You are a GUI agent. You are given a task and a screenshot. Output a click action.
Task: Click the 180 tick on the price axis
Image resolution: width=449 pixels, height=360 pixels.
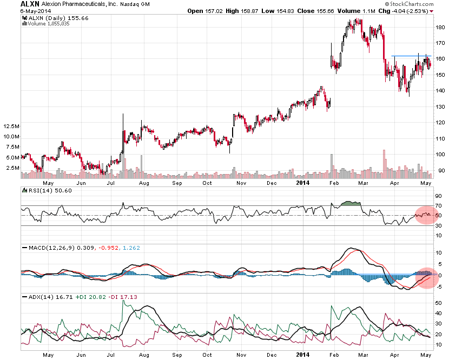click(440, 27)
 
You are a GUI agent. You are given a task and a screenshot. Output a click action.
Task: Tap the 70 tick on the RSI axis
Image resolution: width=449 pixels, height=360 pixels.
click(439, 205)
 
